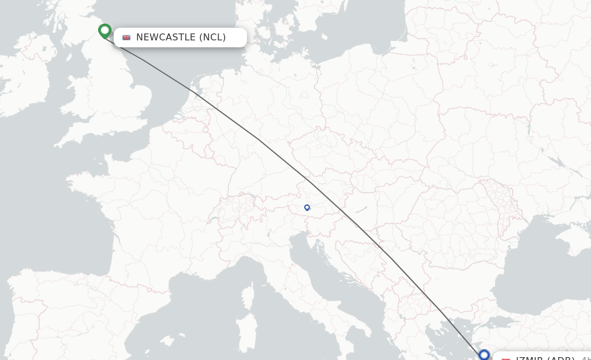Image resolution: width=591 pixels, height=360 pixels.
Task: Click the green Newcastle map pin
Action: [x=104, y=30]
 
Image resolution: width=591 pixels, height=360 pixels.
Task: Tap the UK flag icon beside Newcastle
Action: [x=126, y=37]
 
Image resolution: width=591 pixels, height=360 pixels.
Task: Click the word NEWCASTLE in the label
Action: [x=166, y=37]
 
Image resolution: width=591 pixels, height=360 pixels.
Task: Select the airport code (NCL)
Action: [x=212, y=37]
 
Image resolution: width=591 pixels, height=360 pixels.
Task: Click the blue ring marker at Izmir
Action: [x=484, y=355]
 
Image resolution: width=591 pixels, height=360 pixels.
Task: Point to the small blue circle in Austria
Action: [x=307, y=208]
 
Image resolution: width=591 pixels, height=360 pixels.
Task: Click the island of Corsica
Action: [x=248, y=298]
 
